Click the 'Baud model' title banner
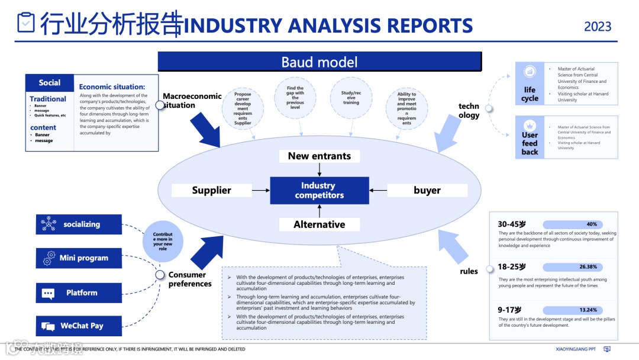[319, 62]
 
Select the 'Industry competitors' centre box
[319, 190]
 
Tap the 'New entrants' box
[319, 156]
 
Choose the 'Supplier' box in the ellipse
[211, 190]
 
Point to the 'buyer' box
[427, 190]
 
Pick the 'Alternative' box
[319, 224]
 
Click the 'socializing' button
[79, 224]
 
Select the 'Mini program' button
[79, 258]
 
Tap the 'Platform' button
[79, 292]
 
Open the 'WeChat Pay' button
[79, 326]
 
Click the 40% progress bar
[572, 224]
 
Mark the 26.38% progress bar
[572, 267]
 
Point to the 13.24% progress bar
[572, 310]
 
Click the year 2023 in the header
[598, 27]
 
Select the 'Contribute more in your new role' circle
[163, 242]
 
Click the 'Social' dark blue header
[50, 83]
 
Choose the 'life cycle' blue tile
[530, 83]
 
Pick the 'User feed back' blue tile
[530, 137]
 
